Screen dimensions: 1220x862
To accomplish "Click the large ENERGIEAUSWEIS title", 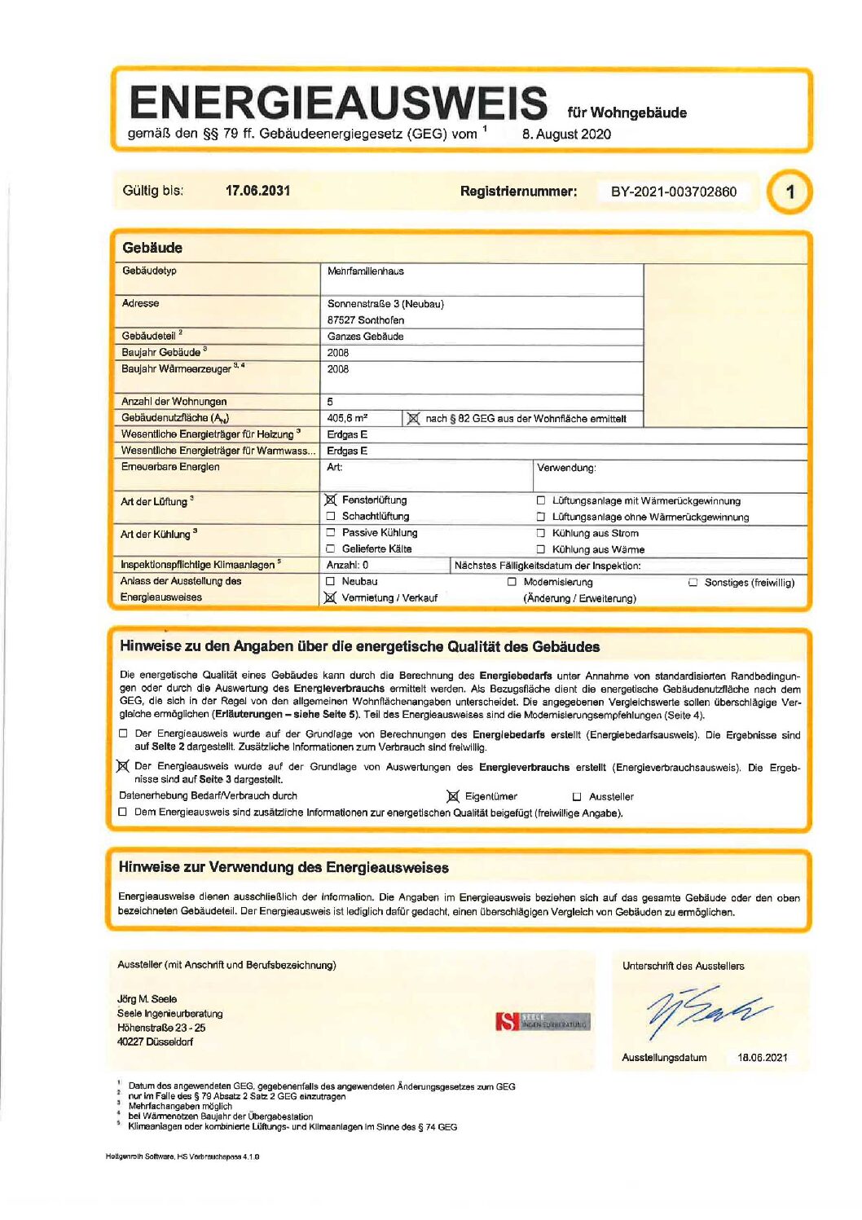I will [337, 103].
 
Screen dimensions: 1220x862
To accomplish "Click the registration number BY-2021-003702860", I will [673, 192].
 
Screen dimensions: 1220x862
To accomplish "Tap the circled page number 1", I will [789, 192].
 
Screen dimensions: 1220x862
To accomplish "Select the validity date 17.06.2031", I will [257, 191].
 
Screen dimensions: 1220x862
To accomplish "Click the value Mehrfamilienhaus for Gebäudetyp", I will [365, 271].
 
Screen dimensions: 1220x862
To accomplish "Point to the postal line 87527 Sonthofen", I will [365, 320].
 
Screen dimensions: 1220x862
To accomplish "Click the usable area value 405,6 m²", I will [347, 418].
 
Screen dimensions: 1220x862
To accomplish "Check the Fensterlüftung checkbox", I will [331, 500].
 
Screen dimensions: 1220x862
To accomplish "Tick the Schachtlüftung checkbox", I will [331, 516].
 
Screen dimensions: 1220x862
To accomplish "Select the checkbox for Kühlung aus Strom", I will [540, 533].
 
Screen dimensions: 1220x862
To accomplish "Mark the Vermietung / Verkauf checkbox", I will [330, 597].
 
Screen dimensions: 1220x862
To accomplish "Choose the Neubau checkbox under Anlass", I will [331, 581].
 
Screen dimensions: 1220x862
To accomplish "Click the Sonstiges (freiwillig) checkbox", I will [693, 583].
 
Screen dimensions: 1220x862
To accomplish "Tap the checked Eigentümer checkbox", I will [453, 796].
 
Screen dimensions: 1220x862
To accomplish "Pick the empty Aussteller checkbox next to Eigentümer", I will [577, 797].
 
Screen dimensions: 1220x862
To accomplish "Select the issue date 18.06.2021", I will [762, 1058].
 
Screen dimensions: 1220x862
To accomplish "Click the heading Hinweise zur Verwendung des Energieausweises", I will [284, 867].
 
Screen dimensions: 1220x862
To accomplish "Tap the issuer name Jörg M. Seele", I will [147, 999].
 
